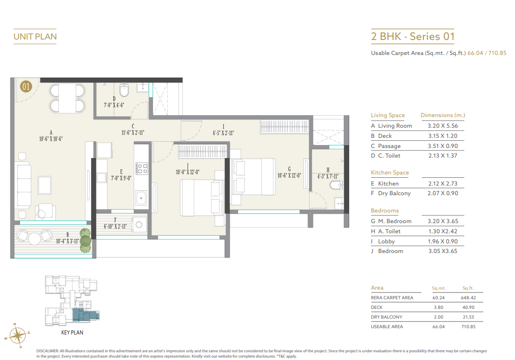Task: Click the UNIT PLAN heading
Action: pyautogui.click(x=35, y=37)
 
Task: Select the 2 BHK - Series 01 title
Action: pyautogui.click(x=412, y=37)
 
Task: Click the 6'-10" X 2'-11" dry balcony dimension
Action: pyautogui.click(x=115, y=226)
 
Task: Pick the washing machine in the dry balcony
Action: pyautogui.click(x=140, y=224)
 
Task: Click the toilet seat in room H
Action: pyautogui.click(x=338, y=185)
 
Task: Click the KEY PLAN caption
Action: pyautogui.click(x=72, y=332)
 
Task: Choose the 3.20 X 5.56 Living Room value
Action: pyautogui.click(x=439, y=126)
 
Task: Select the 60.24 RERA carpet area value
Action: pyautogui.click(x=438, y=298)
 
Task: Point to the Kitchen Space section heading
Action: pyautogui.click(x=390, y=173)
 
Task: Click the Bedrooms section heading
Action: pyautogui.click(x=384, y=211)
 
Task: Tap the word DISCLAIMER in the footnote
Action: pyautogui.click(x=47, y=351)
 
